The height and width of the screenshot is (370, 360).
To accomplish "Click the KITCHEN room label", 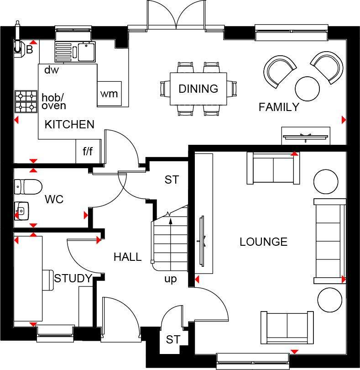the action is tap(69, 124).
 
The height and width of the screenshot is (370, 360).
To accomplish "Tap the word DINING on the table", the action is tap(198, 89).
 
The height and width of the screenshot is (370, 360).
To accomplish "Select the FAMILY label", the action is tap(279, 107).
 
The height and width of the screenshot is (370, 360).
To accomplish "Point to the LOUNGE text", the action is tap(264, 242).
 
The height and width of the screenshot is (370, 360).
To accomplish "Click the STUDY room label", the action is tap(73, 279).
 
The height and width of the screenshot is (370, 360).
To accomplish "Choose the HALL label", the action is tap(128, 257).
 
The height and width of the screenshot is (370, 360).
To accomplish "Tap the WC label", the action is tap(54, 200).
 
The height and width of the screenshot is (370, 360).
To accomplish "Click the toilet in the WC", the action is tap(28, 187).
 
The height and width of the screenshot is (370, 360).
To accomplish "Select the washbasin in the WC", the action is tap(21, 211).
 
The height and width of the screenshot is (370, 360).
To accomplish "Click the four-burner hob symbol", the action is tap(26, 101).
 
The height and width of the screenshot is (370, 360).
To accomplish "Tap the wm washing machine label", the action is tap(109, 94).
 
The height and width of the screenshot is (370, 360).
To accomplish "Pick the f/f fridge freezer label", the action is tap(88, 151).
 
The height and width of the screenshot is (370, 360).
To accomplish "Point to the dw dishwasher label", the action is tap(52, 69).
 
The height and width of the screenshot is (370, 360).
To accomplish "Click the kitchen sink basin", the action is tap(87, 51).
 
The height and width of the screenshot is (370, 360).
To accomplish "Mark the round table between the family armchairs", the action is tap(307, 89).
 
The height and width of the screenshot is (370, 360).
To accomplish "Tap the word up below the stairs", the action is tap(171, 280).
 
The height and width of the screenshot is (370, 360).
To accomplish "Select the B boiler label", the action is tap(30, 50).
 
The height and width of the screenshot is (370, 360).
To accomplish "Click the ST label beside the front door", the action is tap(173, 340).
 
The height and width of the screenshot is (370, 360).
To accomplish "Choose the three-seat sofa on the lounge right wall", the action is tap(329, 241).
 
